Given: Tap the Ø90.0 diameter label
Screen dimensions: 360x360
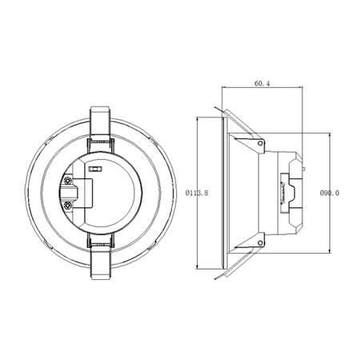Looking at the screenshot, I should [331, 192].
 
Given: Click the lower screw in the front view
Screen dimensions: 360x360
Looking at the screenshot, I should [71, 205].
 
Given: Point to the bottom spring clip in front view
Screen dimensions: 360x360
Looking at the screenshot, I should [100, 256].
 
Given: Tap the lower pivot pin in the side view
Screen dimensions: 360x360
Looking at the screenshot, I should [262, 238].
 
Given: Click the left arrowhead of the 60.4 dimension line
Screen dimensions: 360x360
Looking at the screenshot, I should [222, 90].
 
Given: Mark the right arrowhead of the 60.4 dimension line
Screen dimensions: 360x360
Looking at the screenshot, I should [302, 90].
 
